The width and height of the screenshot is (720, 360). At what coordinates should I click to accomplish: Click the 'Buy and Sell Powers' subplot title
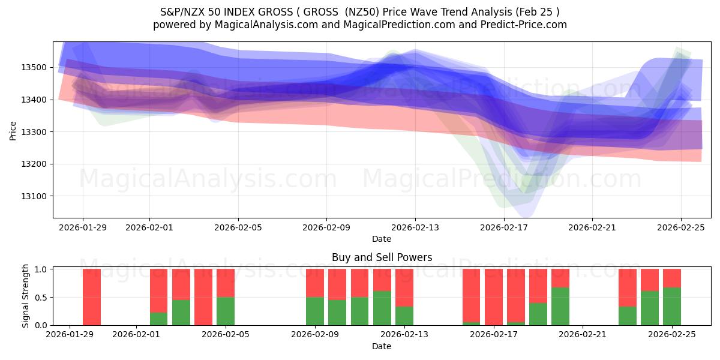point(382,257)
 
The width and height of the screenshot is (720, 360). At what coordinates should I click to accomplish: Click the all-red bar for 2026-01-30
point(92,297)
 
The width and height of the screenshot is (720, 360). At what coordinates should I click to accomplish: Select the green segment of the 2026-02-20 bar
point(560,306)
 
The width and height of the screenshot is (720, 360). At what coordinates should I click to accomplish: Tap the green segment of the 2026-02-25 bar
point(672,306)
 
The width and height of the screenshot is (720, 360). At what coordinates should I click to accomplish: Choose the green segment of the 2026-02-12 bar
point(382,308)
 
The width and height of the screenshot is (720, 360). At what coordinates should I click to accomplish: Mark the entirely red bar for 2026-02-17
point(494,297)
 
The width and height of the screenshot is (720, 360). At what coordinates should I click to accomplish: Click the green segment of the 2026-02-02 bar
point(158,319)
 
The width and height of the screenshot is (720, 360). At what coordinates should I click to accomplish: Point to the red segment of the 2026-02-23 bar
point(628,287)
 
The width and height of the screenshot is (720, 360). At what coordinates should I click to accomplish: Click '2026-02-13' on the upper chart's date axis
point(415,227)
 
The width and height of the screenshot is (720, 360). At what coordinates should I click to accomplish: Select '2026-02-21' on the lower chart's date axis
point(583,335)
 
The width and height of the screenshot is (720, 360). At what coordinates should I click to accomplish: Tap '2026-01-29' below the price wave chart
point(83,227)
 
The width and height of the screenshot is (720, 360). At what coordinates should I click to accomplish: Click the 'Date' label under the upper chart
point(382,239)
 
